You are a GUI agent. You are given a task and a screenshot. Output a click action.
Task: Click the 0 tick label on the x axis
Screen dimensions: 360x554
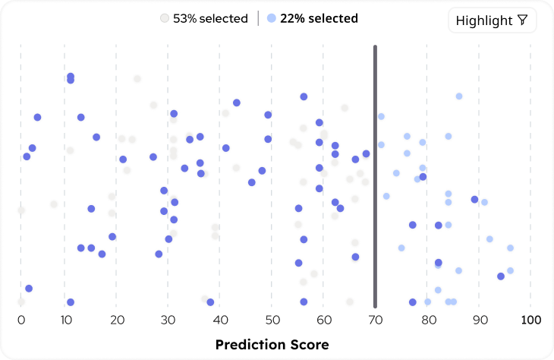[x=21, y=320]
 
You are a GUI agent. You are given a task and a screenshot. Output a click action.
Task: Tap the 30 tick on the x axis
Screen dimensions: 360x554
[x=168, y=320]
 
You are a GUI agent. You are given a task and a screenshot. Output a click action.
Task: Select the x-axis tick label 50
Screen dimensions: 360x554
[x=272, y=320]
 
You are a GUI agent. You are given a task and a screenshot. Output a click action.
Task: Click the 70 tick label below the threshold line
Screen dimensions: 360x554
[x=375, y=320]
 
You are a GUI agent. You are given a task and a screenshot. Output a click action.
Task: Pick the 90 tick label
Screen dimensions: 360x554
[x=478, y=320]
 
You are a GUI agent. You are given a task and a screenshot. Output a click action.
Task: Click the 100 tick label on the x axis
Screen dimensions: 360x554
[x=530, y=320]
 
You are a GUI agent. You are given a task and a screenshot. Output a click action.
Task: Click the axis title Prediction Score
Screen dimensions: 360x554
[x=272, y=345]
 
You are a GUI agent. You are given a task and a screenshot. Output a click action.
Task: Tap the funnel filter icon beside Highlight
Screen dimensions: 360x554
[x=522, y=21]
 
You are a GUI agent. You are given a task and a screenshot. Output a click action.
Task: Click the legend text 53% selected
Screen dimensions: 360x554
[x=210, y=18]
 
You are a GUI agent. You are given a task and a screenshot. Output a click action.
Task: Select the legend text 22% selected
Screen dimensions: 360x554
[x=319, y=18]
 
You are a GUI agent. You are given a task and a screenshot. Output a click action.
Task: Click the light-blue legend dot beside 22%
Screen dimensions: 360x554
[x=272, y=18]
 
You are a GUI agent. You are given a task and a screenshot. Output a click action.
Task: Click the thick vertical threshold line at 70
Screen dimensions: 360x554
[x=375, y=175]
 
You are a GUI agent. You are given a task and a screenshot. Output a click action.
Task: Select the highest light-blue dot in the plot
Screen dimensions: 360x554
[x=459, y=96]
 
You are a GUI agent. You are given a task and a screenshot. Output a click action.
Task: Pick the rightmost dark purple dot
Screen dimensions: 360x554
[x=501, y=276]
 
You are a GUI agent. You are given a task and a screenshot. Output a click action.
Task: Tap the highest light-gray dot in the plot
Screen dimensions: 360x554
[x=137, y=79]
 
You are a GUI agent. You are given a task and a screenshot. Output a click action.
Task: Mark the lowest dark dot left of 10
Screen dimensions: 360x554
[x=29, y=289]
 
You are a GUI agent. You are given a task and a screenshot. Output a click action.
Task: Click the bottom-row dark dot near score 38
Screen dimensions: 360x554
[x=210, y=302]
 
